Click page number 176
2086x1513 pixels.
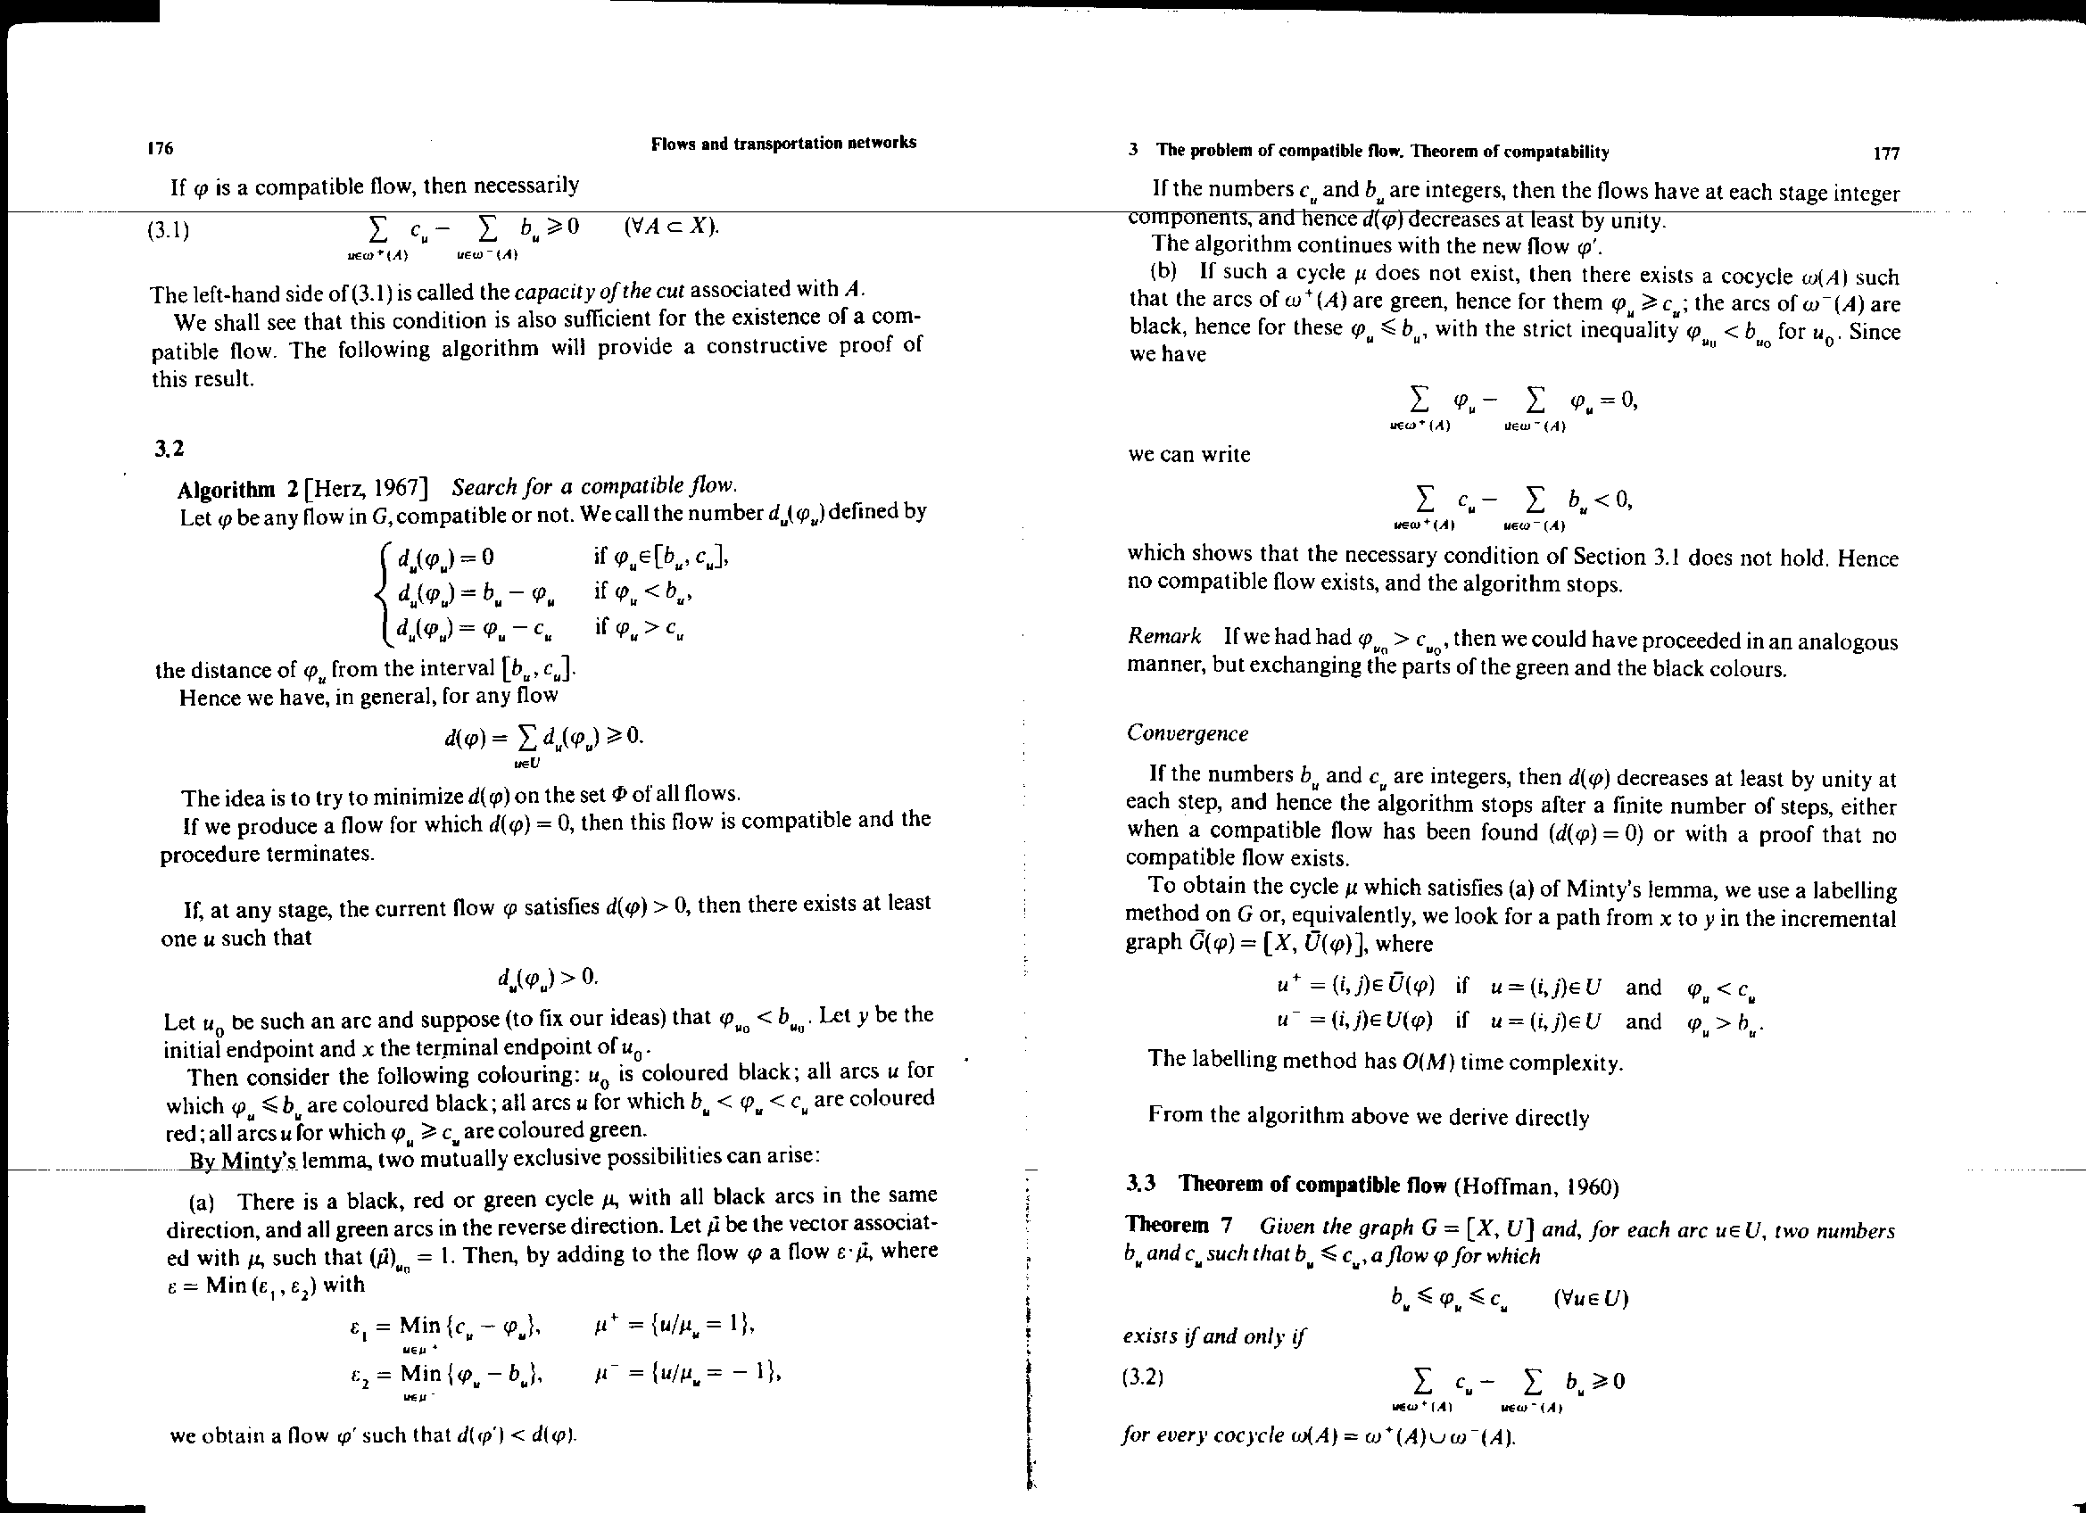[x=161, y=148]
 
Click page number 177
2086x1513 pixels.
[x=1885, y=153]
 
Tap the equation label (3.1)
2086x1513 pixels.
[x=170, y=230]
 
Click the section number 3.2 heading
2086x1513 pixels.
[x=170, y=448]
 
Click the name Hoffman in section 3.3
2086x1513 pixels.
[x=1510, y=1186]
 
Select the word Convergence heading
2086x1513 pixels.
[x=1187, y=733]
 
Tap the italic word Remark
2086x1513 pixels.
[x=1164, y=636]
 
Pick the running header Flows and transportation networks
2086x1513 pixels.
[x=783, y=143]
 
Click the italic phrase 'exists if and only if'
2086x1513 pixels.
[x=1214, y=1335]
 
